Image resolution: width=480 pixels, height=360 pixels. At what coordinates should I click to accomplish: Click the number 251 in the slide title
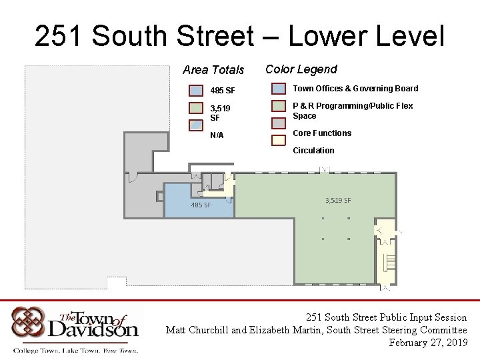coord(58,35)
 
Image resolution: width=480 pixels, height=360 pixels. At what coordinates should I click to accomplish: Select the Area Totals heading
coord(213,70)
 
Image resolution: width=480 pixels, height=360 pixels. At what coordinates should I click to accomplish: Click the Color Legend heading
coord(301,69)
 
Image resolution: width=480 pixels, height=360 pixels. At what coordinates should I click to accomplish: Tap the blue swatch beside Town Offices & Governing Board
coord(279,89)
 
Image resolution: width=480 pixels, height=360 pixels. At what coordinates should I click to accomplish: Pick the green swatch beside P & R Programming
coord(279,106)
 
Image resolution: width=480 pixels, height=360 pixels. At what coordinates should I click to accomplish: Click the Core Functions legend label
coord(322,133)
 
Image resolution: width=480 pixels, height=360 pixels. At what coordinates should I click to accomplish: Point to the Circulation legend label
coord(313,150)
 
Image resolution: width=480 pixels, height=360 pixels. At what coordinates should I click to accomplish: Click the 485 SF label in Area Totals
coord(223,91)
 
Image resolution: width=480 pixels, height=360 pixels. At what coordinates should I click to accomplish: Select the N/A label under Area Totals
coord(217,135)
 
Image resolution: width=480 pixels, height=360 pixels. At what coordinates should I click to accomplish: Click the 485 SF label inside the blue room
coord(201,205)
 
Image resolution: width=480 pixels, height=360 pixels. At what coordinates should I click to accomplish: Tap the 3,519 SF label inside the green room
coord(338,200)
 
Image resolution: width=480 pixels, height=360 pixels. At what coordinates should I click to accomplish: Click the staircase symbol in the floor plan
coord(390,263)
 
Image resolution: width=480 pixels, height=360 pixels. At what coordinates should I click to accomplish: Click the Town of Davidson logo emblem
coord(28,323)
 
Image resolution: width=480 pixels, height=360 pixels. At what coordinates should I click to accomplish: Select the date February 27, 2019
coord(428,342)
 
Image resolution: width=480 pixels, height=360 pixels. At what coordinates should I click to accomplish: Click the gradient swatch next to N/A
coord(196,125)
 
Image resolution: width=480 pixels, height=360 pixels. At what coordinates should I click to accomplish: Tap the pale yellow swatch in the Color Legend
coord(279,141)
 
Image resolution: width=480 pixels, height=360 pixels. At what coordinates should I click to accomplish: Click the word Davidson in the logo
coord(93,330)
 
